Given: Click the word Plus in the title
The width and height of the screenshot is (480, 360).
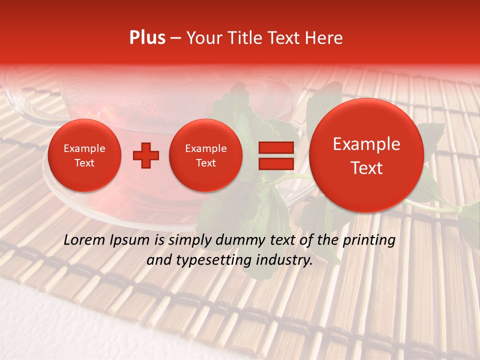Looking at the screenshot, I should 147,38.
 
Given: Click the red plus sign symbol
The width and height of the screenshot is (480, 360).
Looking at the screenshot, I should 145,155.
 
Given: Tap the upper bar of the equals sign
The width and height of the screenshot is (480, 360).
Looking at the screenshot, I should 275,147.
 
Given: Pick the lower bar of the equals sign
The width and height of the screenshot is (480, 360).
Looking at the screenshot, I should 275,163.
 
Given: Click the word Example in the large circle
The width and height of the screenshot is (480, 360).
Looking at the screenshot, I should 366,144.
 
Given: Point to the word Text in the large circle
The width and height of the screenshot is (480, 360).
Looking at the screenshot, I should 366,168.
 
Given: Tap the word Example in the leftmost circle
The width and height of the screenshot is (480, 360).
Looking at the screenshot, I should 84,148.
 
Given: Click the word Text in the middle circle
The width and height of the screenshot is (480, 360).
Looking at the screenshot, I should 206,163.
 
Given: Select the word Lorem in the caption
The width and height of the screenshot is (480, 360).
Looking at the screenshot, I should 83,240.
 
